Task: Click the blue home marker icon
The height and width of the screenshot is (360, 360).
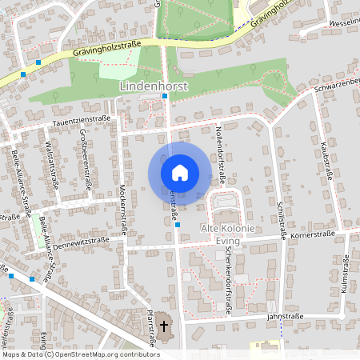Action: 179,172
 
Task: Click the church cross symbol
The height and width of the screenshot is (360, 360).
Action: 165,326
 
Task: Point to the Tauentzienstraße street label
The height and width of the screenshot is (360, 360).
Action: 82,118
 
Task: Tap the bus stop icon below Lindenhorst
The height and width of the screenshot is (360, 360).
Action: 165,96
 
